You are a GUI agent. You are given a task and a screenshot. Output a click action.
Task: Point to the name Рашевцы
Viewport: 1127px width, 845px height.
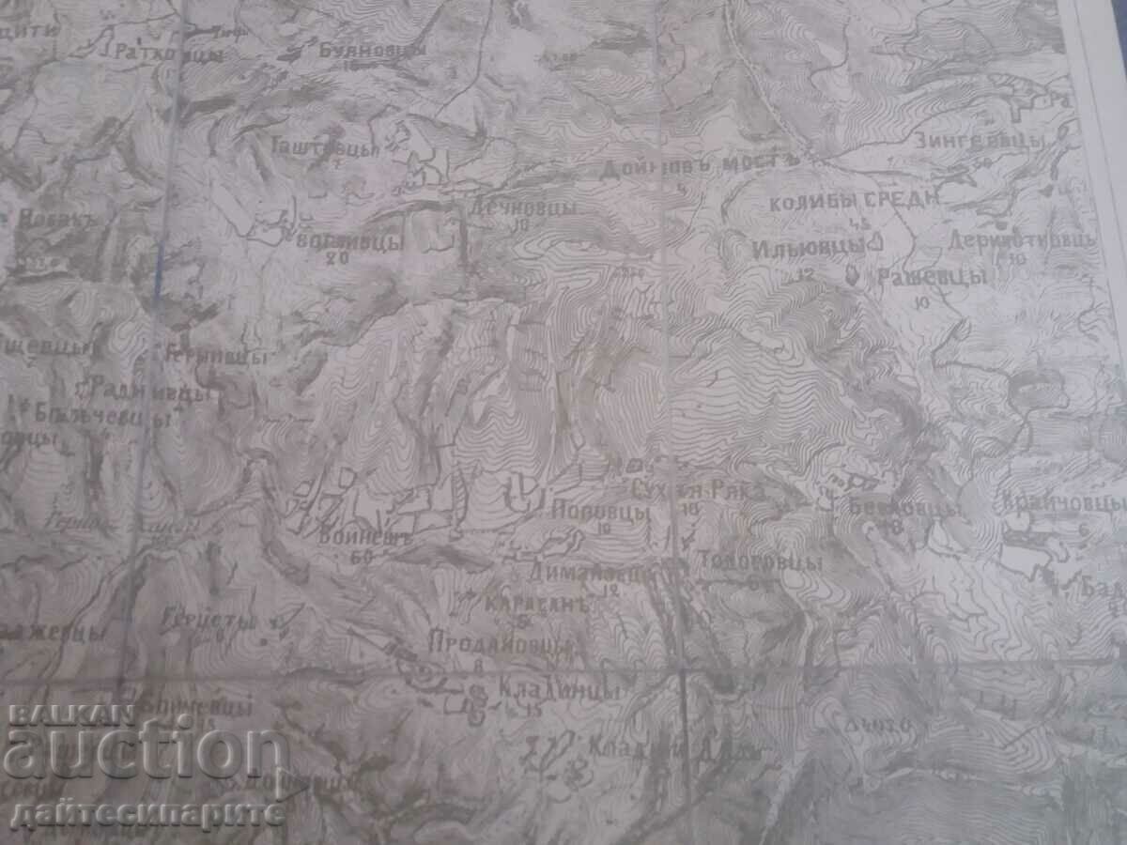click(931, 278)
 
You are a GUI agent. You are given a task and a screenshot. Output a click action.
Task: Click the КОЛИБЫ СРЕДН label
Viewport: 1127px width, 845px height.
click(853, 200)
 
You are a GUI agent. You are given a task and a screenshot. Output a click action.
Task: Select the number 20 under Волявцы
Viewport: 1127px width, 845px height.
click(332, 259)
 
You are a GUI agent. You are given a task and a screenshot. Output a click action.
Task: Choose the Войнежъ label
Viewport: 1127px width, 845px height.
click(352, 539)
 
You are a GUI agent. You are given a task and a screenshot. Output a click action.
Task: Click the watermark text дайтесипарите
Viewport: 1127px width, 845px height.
click(147, 810)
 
